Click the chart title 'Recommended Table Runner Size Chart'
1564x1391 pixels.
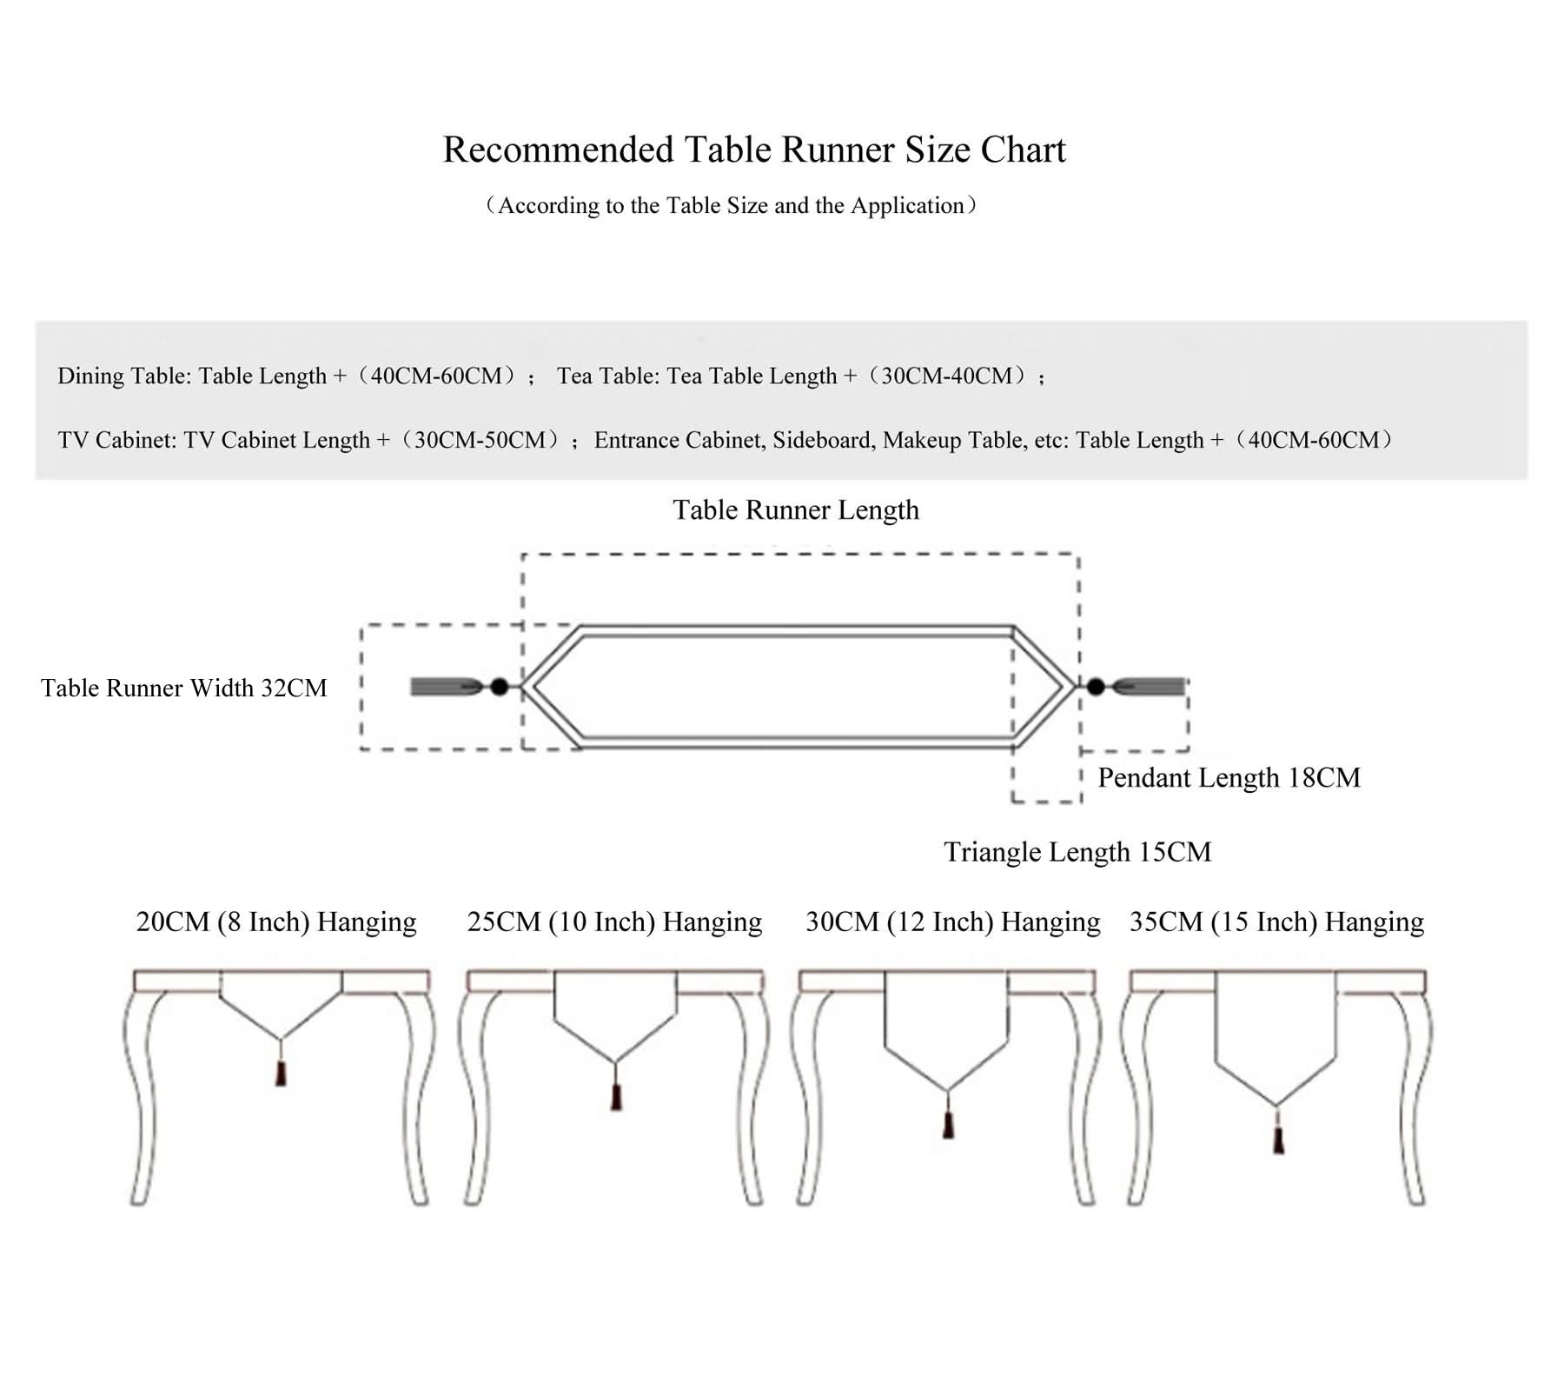(754, 150)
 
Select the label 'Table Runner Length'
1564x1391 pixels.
(796, 509)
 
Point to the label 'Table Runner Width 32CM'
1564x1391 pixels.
(183, 688)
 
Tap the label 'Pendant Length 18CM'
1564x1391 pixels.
(1229, 777)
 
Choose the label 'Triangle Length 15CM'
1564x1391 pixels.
(1077, 851)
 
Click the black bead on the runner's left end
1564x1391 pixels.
(499, 687)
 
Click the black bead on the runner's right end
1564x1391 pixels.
(1096, 687)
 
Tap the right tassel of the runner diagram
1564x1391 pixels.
(1150, 687)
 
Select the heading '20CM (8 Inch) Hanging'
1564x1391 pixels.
(276, 922)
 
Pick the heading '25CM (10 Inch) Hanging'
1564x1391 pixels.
(614, 922)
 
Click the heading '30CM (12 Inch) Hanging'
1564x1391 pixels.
(953, 922)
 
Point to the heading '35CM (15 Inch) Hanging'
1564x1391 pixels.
(1277, 922)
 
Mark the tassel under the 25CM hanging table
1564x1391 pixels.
(616, 1097)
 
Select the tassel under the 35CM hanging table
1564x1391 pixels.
(1278, 1140)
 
